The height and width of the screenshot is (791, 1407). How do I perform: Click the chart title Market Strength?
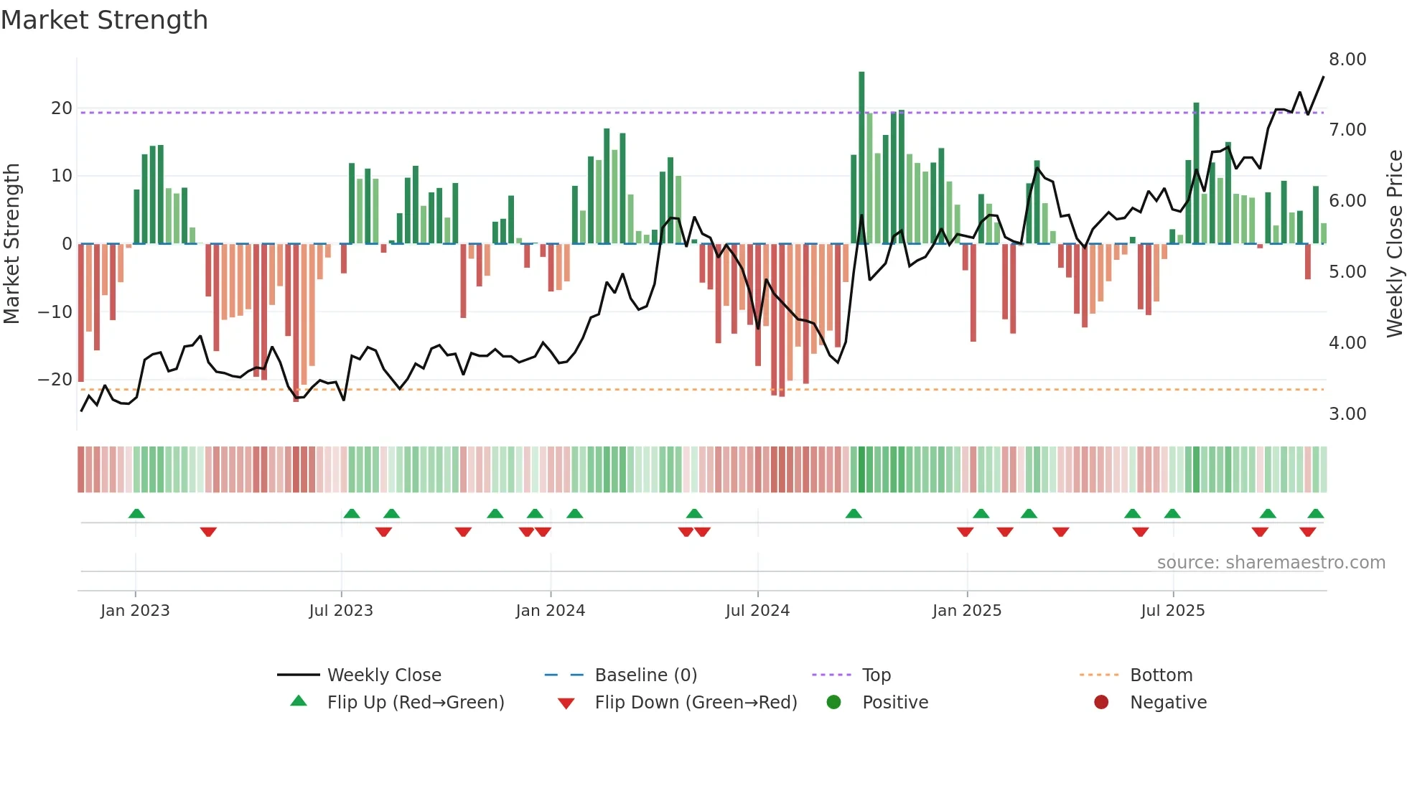pyautogui.click(x=104, y=20)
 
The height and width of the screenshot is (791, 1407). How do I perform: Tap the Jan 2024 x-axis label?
pyautogui.click(x=550, y=611)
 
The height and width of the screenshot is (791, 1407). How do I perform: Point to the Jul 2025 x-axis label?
pyautogui.click(x=1172, y=611)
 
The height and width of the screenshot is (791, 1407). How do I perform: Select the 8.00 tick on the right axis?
pyautogui.click(x=1347, y=60)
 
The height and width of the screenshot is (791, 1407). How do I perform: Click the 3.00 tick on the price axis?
pyautogui.click(x=1347, y=414)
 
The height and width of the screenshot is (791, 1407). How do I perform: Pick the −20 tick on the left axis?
pyautogui.click(x=55, y=380)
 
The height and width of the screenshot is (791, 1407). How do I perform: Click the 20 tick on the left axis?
pyautogui.click(x=61, y=108)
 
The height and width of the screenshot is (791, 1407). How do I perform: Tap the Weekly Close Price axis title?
pyautogui.click(x=1394, y=244)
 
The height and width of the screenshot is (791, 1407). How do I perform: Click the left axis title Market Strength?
pyautogui.click(x=11, y=244)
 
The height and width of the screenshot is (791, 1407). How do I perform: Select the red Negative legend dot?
pyautogui.click(x=1100, y=703)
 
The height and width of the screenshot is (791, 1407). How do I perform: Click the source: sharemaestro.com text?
pyautogui.click(x=1271, y=563)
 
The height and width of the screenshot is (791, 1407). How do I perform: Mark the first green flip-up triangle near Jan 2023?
pyautogui.click(x=136, y=513)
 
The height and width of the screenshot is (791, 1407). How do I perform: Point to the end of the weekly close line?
pyautogui.click(x=1323, y=77)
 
